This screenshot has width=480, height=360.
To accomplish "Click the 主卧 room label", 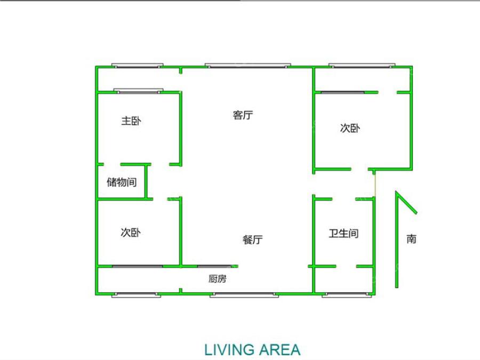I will tap(131, 122).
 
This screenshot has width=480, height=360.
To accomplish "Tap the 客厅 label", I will tap(243, 115).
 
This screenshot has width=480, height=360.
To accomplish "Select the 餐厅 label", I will tap(252, 240).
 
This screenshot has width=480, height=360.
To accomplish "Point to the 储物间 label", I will tap(122, 182).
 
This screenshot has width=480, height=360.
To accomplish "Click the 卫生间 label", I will tap(343, 233).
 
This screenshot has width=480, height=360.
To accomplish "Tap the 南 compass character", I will tap(411, 239).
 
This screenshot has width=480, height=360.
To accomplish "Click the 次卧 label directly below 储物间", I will tap(131, 233).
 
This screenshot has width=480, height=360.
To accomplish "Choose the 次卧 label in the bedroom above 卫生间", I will tap(350, 128).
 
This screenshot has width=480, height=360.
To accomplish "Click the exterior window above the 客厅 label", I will tap(248, 66).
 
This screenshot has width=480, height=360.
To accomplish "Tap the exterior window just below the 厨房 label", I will tap(243, 294).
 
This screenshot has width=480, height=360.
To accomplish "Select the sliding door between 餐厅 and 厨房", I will tap(215, 266).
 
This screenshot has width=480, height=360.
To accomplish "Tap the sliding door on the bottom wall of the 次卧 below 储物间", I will tap(137, 266).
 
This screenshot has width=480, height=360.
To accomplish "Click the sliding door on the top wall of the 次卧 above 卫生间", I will tap(343, 92).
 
